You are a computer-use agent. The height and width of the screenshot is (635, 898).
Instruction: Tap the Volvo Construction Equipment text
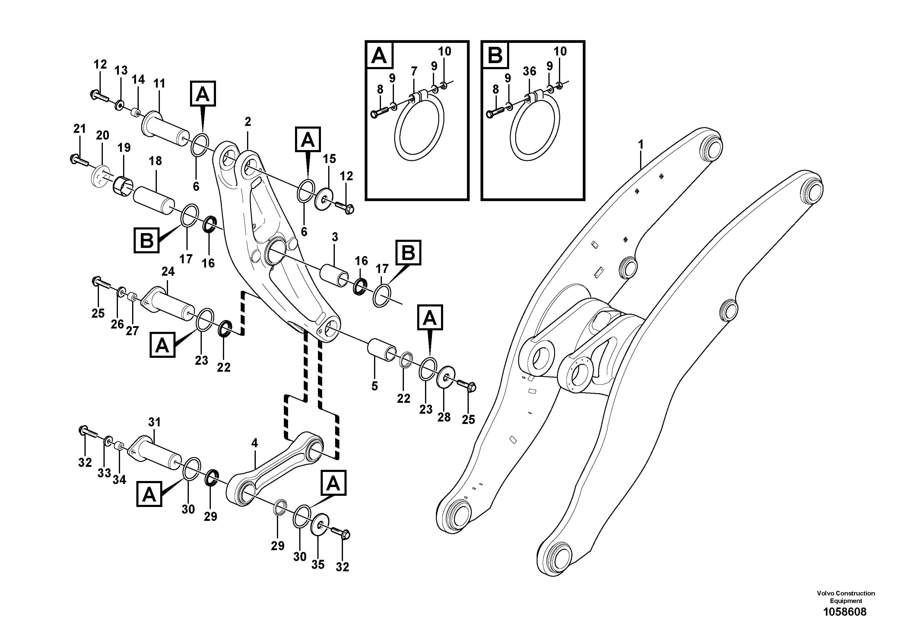tap(846, 597)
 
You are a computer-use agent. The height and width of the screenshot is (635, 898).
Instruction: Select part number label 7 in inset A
tap(414, 71)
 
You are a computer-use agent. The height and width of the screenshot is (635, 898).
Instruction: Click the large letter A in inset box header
tap(379, 55)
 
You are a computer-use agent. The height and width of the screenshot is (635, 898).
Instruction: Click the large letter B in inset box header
tap(495, 55)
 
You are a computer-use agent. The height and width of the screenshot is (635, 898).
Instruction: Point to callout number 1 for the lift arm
tap(641, 144)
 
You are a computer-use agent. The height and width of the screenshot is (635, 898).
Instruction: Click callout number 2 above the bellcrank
tap(248, 122)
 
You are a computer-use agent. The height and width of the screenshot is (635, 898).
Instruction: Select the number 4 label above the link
tap(255, 443)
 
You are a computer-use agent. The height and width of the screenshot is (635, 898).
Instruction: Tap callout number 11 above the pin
tap(159, 83)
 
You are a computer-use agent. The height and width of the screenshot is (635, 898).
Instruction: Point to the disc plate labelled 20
tap(100, 178)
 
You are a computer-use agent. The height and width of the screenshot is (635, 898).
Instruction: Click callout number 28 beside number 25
tap(444, 417)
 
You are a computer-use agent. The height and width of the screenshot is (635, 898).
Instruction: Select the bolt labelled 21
tap(79, 161)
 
